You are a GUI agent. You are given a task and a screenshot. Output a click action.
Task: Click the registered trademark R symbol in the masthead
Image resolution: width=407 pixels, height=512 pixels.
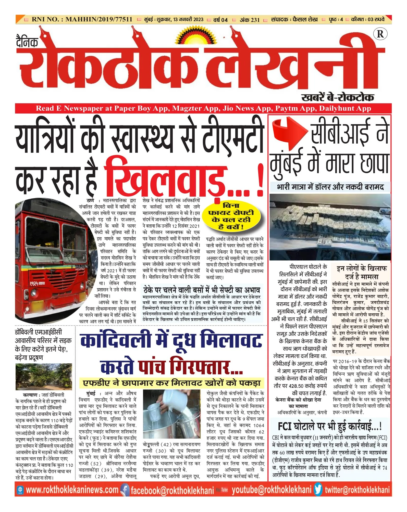pos(380,34)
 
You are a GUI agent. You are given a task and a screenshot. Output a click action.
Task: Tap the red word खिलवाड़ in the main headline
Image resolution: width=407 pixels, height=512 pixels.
pos(166,180)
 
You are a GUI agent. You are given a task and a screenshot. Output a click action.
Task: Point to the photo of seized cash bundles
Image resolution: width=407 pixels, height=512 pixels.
pos(330,227)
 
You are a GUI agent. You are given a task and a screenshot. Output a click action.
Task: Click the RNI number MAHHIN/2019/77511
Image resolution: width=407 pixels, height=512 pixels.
pos(82,19)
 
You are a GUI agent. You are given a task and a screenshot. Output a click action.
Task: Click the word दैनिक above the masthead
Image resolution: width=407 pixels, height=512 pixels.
pos(27,42)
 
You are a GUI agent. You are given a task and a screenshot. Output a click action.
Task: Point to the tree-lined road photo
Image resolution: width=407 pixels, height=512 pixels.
pos(44,377)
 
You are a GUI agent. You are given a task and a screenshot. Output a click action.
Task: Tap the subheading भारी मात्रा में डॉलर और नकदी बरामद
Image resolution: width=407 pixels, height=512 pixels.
pos(330,187)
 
